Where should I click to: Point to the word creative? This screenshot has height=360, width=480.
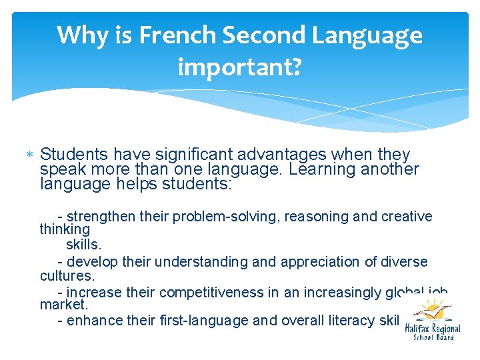click(x=407, y=217)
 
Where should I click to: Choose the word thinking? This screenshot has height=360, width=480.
click(x=65, y=229)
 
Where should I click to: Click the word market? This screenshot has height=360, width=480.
click(x=64, y=305)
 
